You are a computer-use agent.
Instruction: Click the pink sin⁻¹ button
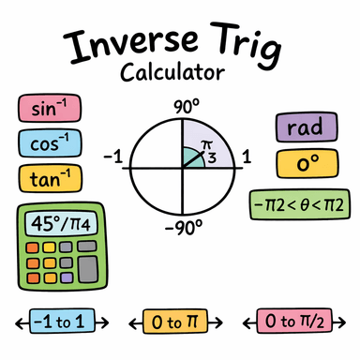point(49,110)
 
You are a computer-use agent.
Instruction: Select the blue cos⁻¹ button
point(49,143)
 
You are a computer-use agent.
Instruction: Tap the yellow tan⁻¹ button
point(49,176)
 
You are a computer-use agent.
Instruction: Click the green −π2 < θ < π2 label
point(297,203)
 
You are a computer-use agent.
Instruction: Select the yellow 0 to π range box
point(179,323)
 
